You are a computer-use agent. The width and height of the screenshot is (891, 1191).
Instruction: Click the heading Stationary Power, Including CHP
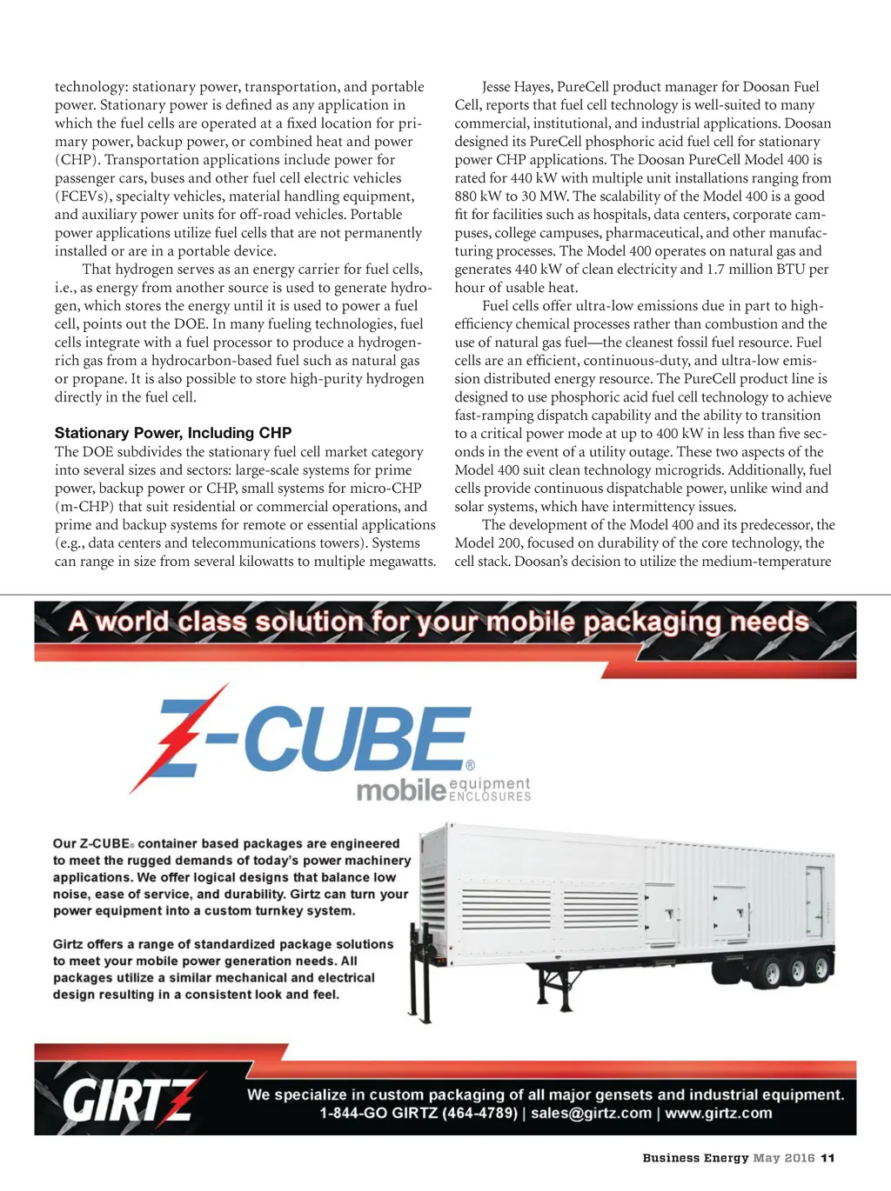click(173, 433)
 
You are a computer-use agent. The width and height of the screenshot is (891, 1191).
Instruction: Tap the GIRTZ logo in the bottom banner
click(128, 1098)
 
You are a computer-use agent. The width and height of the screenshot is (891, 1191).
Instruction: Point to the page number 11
click(827, 1158)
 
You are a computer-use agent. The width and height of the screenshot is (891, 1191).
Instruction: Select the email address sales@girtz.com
click(591, 1114)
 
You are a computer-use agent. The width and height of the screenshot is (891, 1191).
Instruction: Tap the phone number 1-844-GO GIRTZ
click(418, 1114)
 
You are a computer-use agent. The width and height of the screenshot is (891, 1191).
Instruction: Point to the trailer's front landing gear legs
click(419, 991)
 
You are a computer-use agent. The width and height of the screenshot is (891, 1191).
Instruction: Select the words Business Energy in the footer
click(695, 1158)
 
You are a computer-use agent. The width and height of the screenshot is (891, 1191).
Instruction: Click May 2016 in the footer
click(784, 1158)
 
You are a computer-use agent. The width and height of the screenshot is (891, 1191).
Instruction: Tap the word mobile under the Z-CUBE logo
click(401, 790)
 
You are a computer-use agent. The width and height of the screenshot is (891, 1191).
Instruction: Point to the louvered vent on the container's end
click(429, 895)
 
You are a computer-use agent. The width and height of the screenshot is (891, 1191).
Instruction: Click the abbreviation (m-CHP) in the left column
click(84, 507)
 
